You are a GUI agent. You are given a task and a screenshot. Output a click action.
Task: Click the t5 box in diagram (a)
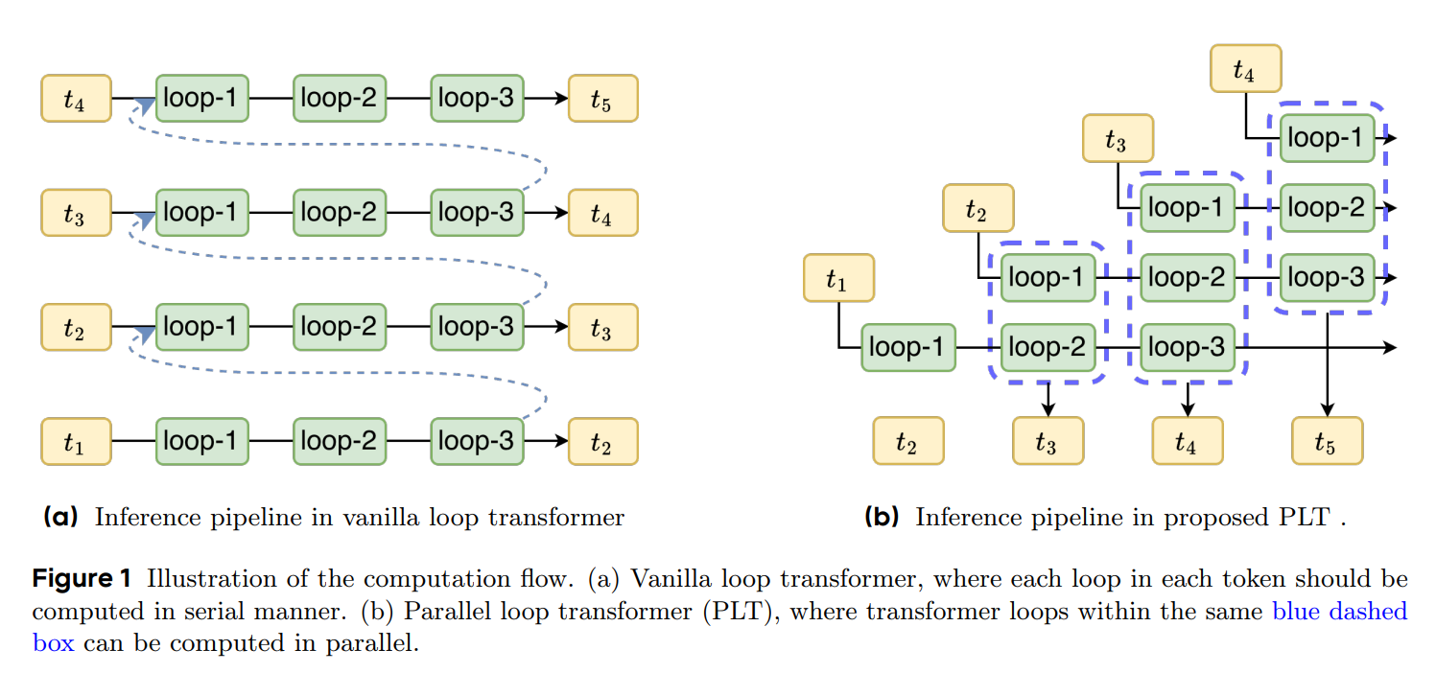[x=602, y=98]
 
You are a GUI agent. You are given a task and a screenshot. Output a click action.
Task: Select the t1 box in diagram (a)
[x=76, y=442]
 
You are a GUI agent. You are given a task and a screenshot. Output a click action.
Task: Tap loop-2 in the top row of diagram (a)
[x=340, y=98]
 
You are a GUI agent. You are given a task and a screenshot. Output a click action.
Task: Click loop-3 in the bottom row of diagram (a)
[x=477, y=442]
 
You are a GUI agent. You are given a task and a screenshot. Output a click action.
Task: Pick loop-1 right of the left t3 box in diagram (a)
[x=201, y=213]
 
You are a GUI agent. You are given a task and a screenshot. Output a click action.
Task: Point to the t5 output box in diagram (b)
[x=1328, y=441]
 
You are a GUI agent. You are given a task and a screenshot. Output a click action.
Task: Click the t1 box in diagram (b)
[x=838, y=278]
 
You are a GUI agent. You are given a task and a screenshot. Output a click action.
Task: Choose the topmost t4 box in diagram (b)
[x=1245, y=68]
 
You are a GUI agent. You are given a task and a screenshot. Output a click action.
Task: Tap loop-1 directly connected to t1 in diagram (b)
[x=908, y=347]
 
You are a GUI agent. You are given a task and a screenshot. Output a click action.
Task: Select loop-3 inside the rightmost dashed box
[x=1327, y=278]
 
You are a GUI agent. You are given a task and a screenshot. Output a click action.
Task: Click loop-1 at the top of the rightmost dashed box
[x=1327, y=138]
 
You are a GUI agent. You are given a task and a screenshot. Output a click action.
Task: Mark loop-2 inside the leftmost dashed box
[x=1048, y=347]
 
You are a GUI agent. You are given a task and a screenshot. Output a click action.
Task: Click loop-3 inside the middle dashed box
[x=1188, y=347]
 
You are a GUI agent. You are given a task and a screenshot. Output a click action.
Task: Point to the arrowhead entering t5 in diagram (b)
[x=1328, y=410]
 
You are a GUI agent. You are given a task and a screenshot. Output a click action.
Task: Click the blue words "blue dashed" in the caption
[x=1339, y=611]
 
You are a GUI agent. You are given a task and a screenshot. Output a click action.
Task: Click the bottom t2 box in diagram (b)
[x=907, y=441]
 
